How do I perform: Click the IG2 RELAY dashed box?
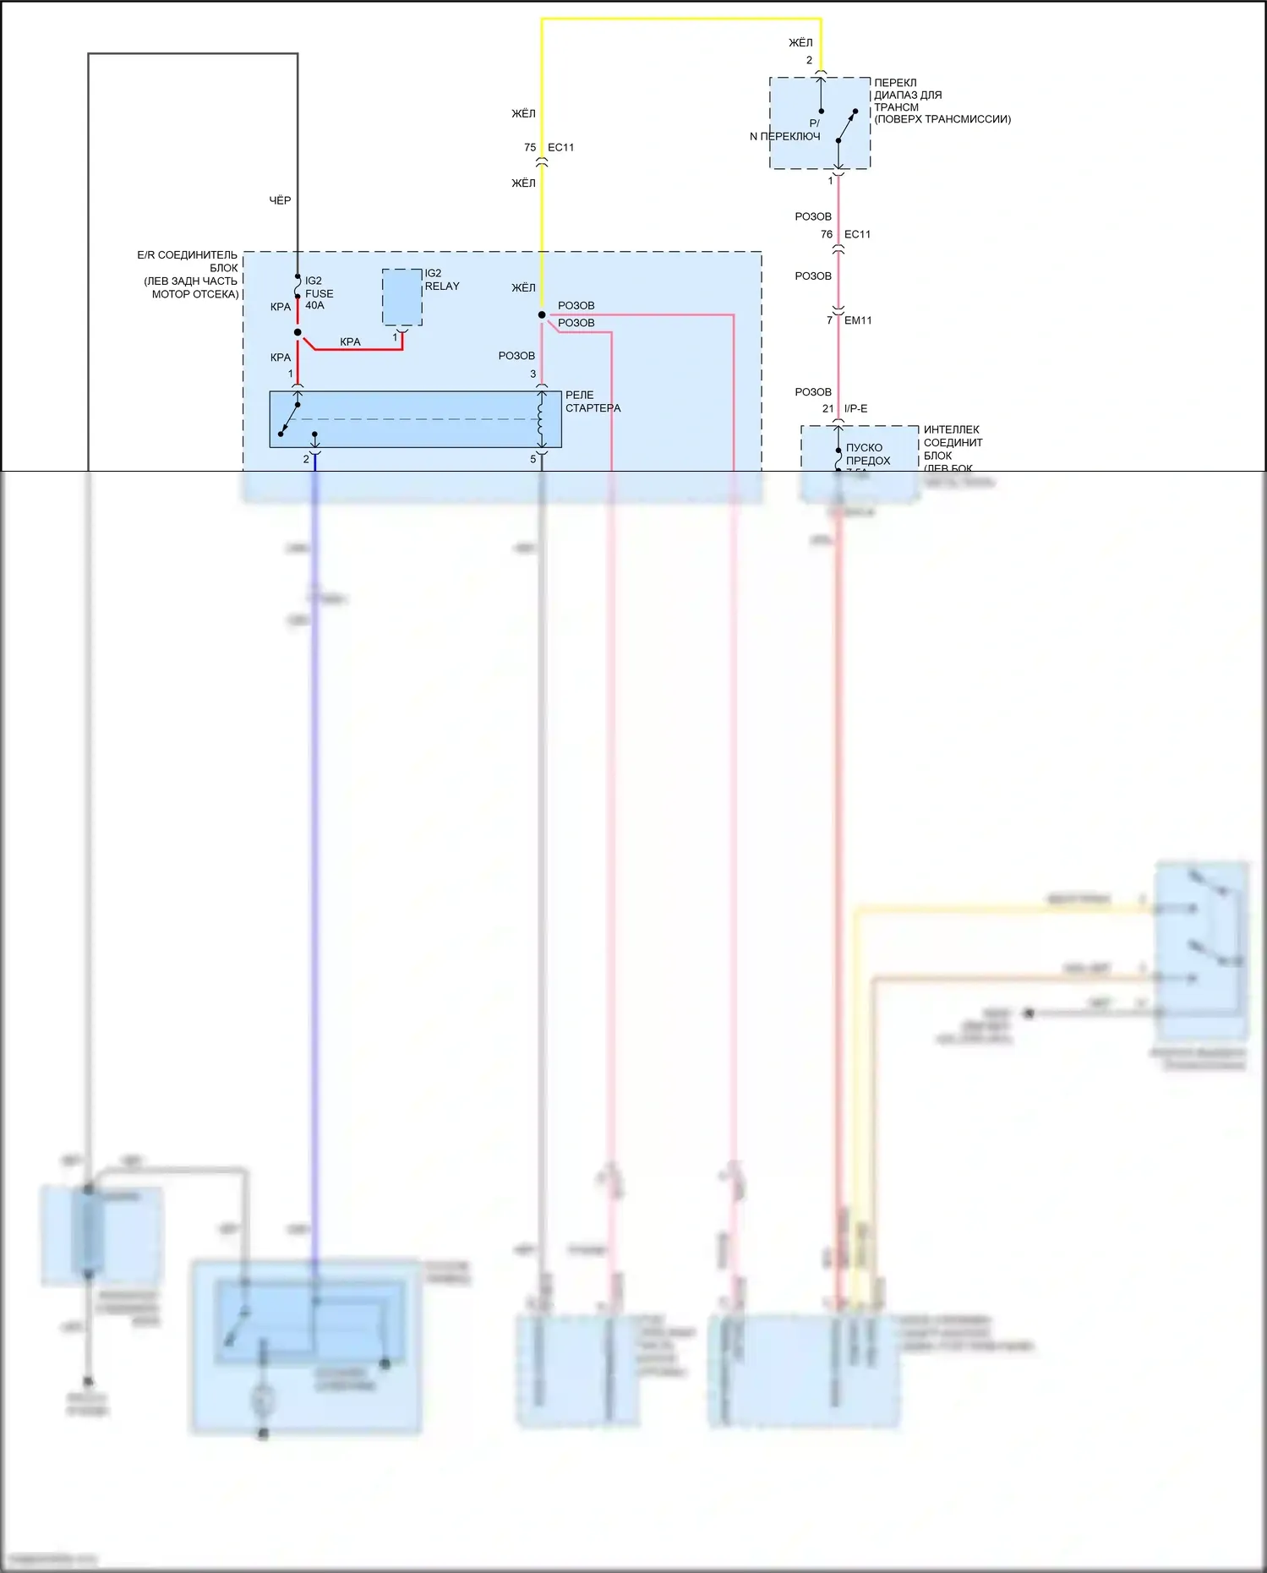point(402,298)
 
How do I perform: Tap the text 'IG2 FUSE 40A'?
point(319,293)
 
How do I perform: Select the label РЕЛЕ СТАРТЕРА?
point(592,401)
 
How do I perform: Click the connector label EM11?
point(858,320)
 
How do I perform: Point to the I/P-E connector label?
point(855,408)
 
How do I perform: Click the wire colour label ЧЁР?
point(280,200)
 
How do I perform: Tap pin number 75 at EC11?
point(530,147)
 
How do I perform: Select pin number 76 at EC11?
point(827,234)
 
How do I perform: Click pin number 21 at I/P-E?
point(828,408)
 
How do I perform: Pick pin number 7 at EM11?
point(830,320)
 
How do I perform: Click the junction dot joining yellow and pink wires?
point(542,315)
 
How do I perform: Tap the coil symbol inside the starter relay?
point(541,419)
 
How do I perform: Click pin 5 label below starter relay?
point(532,459)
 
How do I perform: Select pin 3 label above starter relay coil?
point(532,374)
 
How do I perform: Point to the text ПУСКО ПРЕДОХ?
point(868,454)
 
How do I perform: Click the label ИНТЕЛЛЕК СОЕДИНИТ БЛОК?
point(953,443)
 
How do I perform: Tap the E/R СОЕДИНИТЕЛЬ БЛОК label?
point(189,274)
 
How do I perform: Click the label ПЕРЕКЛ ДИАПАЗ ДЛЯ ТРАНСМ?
point(909,96)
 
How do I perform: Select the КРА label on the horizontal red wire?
point(350,341)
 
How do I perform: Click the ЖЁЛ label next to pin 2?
point(800,42)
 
